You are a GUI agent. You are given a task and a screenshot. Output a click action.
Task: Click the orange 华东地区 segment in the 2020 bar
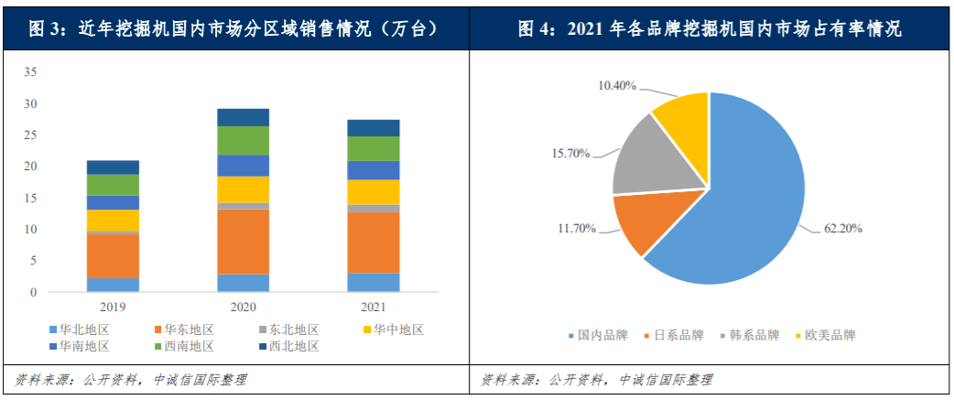243,242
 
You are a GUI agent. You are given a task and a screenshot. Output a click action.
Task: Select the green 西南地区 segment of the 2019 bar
113,185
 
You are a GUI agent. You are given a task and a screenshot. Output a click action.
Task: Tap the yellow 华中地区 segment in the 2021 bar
373,192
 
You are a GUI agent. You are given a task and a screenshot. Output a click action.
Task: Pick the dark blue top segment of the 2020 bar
243,117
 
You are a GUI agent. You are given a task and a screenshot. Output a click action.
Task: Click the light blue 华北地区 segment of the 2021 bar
373,283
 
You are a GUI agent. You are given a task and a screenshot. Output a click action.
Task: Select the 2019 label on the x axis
113,308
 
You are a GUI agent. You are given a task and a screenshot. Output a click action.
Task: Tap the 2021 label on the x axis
373,308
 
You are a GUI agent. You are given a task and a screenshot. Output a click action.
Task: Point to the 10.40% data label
618,85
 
